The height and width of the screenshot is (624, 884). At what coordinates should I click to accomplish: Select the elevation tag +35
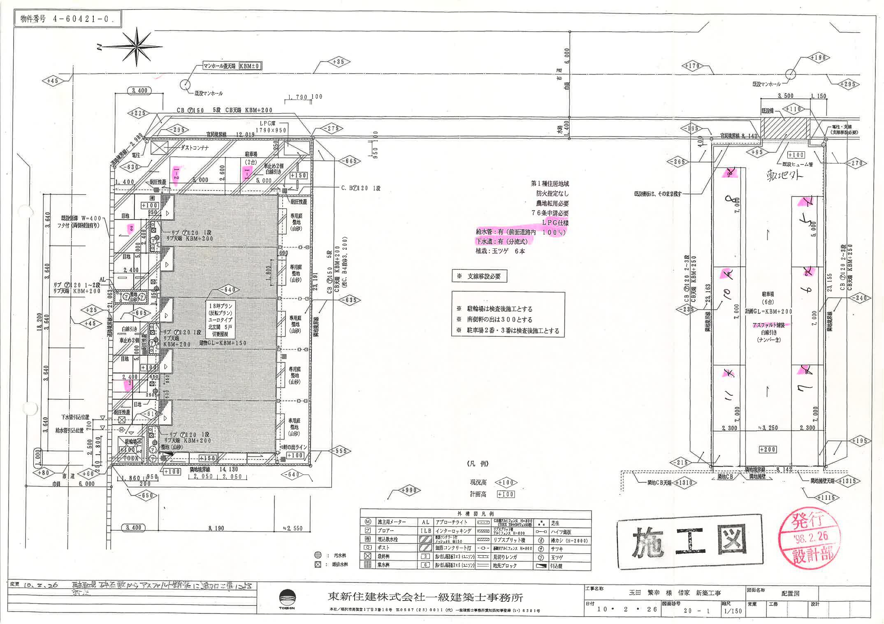point(339,62)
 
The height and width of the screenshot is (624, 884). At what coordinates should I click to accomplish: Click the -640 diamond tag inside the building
point(230,290)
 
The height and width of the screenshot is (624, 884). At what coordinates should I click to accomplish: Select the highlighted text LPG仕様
point(555,223)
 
